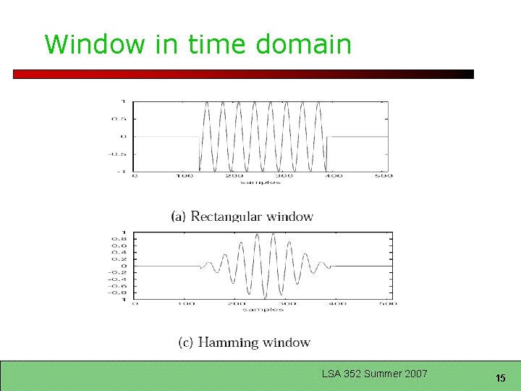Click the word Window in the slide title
pos(95,44)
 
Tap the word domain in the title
pos(303,44)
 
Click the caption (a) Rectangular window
pos(242,216)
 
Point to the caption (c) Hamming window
pos(244,342)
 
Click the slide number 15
pos(500,378)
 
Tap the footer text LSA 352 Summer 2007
pos(375,374)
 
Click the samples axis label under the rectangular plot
pos(260,182)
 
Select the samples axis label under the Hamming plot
pos(263,309)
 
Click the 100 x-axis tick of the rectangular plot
pos(185,176)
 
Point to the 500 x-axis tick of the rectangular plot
pos(385,176)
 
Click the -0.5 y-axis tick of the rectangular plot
pos(117,154)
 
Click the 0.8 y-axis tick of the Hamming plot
pos(120,239)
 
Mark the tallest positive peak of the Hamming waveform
pos(272,235)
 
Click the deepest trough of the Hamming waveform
pos(264,298)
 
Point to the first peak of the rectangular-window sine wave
pos(207,103)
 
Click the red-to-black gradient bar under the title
pos(243,74)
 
